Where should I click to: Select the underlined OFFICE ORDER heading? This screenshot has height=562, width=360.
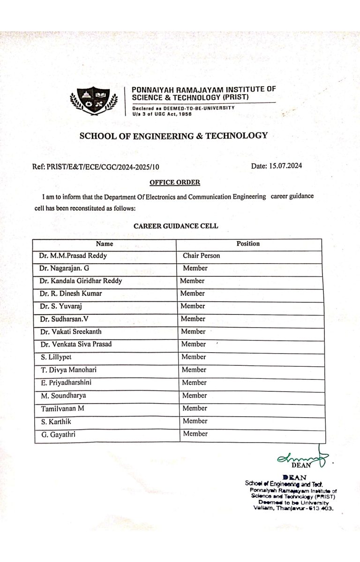coord(175,182)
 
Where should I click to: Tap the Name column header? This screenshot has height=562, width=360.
coord(105,244)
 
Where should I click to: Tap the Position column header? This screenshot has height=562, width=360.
coord(248,244)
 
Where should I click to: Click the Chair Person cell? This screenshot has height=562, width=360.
coord(201,256)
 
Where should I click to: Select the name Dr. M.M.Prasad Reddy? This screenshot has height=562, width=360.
coord(73,256)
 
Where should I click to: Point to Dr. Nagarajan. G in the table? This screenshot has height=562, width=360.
coord(64,268)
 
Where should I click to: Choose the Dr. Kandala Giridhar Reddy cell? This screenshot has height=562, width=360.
coord(81,281)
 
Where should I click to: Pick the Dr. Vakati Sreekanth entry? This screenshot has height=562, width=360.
coord(71,332)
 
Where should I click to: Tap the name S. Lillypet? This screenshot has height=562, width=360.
coord(56,357)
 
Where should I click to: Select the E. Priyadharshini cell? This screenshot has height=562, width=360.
coord(66,383)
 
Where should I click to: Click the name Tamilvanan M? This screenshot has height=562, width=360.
coord(62,408)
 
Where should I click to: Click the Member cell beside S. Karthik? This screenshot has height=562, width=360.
coord(195,421)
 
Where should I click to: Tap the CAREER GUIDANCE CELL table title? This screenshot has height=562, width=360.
coord(176,226)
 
